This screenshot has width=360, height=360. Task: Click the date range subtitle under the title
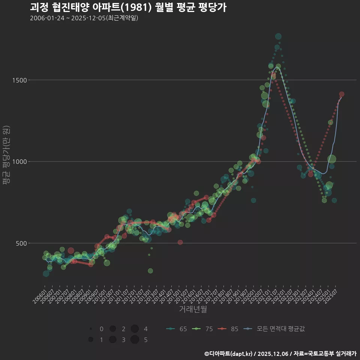point(84,18)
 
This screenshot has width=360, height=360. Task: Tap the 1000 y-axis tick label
point(18,162)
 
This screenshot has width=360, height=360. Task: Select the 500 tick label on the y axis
point(20,243)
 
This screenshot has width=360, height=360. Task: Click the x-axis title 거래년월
point(193,309)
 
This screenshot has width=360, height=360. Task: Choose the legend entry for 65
point(177,329)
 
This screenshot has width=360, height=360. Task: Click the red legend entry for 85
point(229,329)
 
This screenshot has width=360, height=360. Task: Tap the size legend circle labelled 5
point(135,340)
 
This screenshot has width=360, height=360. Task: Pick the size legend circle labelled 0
point(91,329)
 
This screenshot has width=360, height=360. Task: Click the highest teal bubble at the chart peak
point(278,36)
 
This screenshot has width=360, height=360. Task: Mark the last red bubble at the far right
point(342,94)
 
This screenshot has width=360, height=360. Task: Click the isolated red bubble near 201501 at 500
point(180,242)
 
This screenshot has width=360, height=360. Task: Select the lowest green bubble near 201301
point(150,271)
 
